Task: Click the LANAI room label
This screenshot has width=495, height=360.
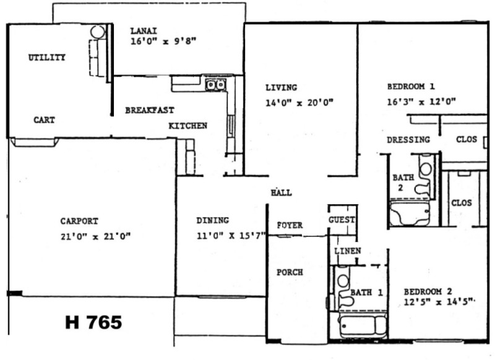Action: click(x=144, y=30)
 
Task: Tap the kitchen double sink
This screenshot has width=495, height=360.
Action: click(x=215, y=85)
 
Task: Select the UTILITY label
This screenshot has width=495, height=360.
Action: click(x=47, y=58)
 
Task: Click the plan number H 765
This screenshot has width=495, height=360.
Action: click(x=93, y=322)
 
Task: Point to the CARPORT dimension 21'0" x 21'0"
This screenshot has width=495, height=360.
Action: click(x=95, y=236)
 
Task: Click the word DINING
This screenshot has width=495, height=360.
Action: click(x=212, y=220)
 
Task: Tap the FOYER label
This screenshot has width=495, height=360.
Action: click(x=290, y=225)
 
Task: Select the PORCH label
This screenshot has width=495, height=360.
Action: click(x=289, y=272)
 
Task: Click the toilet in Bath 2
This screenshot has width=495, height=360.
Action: click(x=425, y=176)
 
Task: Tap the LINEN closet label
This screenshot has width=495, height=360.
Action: click(x=347, y=251)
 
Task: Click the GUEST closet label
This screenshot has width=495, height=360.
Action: click(x=342, y=220)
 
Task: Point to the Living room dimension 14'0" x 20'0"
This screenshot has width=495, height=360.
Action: click(x=299, y=103)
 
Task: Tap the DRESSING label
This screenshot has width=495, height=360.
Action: click(x=408, y=140)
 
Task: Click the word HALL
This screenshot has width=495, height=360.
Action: click(x=281, y=192)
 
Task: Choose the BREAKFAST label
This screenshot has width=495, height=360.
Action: click(x=149, y=110)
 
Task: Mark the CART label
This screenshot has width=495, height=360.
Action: click(x=44, y=120)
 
